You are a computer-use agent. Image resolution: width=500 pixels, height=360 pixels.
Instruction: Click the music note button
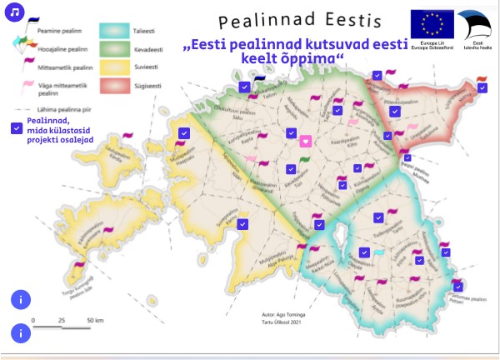tap(14, 14)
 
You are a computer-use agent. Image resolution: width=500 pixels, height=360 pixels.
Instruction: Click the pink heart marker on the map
tap(306, 141)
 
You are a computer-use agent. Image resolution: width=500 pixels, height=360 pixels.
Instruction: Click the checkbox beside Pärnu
tap(242, 223)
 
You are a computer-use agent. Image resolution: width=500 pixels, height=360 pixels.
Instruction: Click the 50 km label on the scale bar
tap(94, 320)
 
